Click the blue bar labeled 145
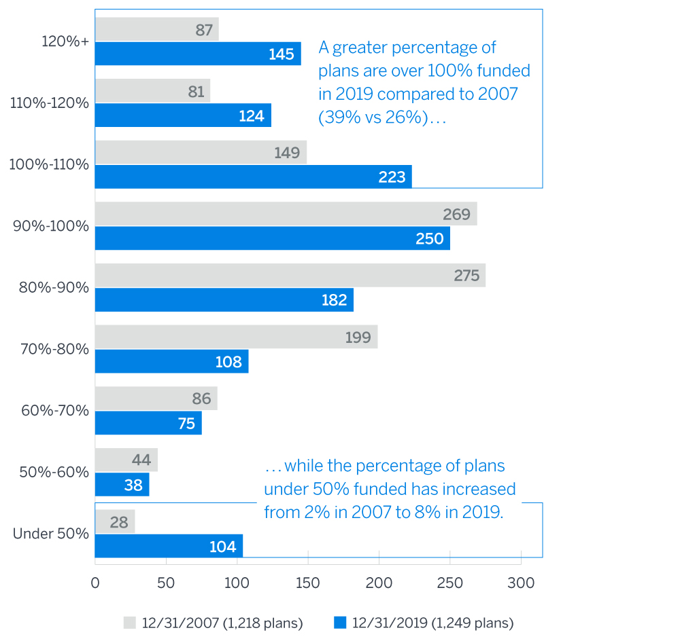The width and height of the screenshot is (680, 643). tap(197, 54)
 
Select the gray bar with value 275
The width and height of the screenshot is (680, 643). tap(290, 276)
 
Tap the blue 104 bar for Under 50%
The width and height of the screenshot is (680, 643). tap(169, 546)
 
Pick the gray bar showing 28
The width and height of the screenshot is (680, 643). tap(115, 521)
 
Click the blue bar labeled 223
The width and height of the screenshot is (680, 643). tap(253, 177)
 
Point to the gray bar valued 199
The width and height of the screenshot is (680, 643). tap(236, 337)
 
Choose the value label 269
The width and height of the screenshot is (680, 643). tap(456, 215)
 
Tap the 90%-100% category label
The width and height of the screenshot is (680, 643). tap(51, 226)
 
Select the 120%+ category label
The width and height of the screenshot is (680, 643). tap(65, 41)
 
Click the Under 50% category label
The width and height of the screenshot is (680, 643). tap(51, 534)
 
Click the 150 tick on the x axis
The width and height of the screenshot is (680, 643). tap(308, 582)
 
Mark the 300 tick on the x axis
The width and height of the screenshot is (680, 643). tap(521, 582)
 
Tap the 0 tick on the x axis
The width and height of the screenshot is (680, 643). tap(95, 582)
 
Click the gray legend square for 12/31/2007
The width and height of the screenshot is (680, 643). tap(130, 622)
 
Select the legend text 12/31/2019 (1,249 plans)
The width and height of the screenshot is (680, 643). tap(431, 622)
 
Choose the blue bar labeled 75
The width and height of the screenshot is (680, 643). tap(148, 423)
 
